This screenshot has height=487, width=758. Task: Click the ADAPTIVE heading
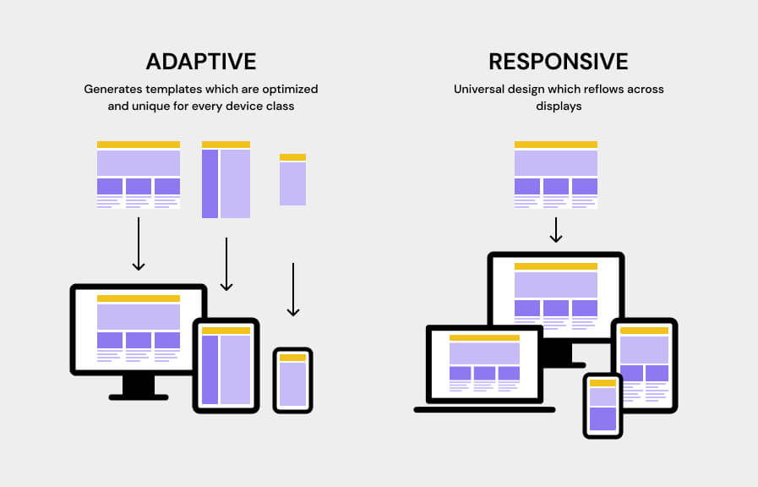point(200,62)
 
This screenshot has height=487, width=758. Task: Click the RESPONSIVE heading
point(559,62)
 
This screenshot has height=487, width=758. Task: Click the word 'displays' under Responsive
point(558,107)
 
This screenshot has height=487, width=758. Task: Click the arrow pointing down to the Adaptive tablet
point(226,264)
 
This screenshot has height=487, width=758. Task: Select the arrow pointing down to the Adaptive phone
point(293,289)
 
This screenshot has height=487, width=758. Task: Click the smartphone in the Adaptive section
point(292,380)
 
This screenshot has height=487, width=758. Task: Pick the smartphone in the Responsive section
point(603,406)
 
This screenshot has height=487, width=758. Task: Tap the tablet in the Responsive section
point(644,364)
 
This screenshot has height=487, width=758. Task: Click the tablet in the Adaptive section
point(226,365)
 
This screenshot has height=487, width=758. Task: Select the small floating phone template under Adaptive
point(292,180)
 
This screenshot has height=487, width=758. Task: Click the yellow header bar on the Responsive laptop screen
point(484,337)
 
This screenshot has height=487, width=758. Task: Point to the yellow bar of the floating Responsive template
point(556,145)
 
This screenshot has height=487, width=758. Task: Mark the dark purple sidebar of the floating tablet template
point(210,183)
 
